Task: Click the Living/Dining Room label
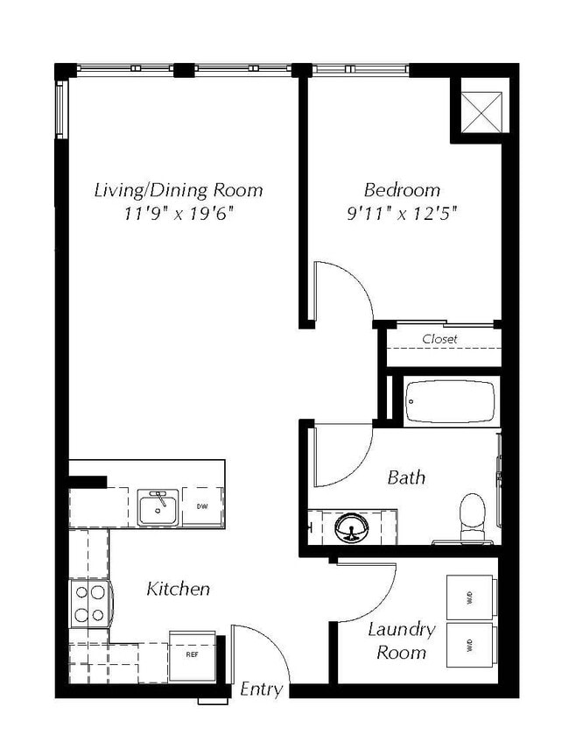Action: point(178,190)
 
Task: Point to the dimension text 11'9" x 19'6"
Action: point(178,213)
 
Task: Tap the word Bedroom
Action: point(402,190)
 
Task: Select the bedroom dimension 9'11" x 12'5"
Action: point(402,213)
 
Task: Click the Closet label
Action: point(439,339)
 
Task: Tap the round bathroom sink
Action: point(351,527)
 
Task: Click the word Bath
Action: point(406,477)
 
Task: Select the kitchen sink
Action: point(158,506)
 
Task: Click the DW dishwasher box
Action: point(202,506)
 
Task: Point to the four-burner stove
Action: point(90,603)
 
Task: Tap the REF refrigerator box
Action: point(192,654)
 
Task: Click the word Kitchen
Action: point(178,589)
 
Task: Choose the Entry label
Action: point(261,689)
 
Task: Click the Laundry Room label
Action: point(401,640)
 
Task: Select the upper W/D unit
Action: point(470,598)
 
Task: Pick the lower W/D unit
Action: point(470,647)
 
